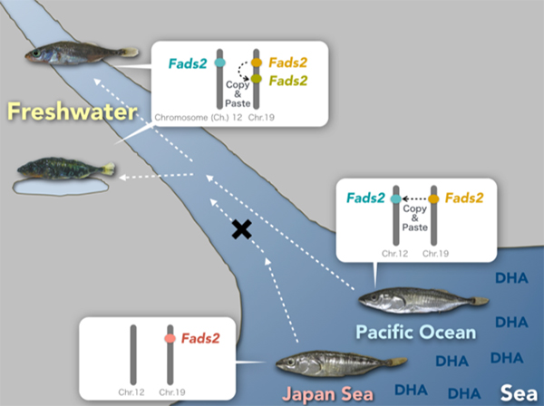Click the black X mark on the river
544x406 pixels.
click(241, 229)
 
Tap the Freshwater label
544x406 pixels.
click(72, 112)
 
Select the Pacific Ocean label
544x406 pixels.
click(416, 332)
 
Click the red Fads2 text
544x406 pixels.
click(202, 338)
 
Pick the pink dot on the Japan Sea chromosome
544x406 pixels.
click(169, 338)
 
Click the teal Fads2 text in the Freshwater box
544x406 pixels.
click(186, 62)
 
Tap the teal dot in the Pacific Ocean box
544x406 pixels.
click(396, 198)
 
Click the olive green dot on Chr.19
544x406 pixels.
click(257, 81)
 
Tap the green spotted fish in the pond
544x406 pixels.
click(63, 169)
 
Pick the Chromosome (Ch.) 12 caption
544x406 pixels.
click(193, 118)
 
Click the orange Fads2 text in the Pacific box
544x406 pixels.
click(465, 198)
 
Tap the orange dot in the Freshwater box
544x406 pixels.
click(257, 62)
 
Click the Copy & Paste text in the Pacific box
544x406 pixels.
click(415, 219)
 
